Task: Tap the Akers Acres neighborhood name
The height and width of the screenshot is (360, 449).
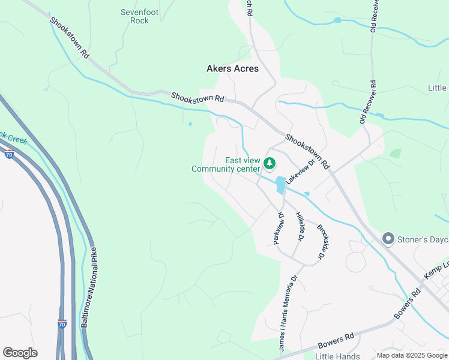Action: click(x=232, y=68)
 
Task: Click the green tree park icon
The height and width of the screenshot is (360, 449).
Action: click(x=270, y=163)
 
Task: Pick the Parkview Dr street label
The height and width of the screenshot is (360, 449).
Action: click(x=277, y=227)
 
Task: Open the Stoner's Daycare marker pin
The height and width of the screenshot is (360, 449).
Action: click(x=388, y=239)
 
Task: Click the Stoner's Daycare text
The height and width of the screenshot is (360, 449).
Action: click(x=423, y=240)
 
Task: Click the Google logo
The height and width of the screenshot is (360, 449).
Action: click(x=20, y=353)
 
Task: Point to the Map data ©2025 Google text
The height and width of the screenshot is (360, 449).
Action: click(x=412, y=355)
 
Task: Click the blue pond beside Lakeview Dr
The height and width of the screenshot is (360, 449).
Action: click(x=280, y=185)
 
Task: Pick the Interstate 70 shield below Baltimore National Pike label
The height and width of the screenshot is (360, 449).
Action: click(x=62, y=325)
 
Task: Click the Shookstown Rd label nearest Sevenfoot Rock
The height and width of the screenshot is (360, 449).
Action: click(x=70, y=37)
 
